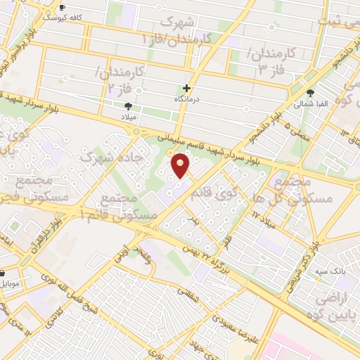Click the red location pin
pyautogui.click(x=181, y=166)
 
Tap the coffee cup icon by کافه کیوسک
pyautogui.click(x=62, y=6)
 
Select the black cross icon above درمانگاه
pyautogui.click(x=186, y=89)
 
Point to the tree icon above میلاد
pyautogui.click(x=128, y=106)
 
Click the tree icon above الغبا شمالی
pyautogui.click(x=310, y=92)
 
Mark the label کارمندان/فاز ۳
pyautogui.click(x=270, y=58)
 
